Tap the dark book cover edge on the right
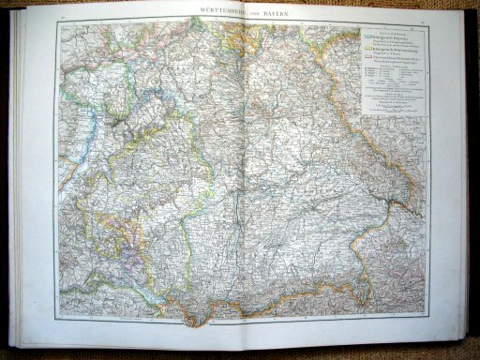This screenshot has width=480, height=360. click(x=473, y=187)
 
